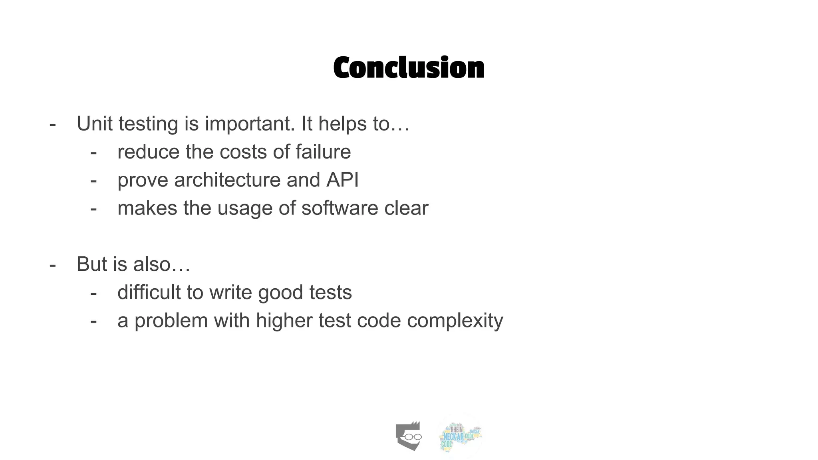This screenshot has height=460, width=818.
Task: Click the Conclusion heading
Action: coord(409,68)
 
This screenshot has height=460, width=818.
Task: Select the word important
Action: coord(250,124)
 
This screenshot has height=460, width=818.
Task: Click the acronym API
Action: coord(342,180)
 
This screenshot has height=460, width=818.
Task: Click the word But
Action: coord(91,264)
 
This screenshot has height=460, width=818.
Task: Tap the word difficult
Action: coord(149,292)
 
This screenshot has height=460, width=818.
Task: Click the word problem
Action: coord(171,321)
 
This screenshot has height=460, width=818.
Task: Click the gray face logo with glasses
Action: coord(409,436)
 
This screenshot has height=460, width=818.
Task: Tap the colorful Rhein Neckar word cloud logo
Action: coord(460,436)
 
